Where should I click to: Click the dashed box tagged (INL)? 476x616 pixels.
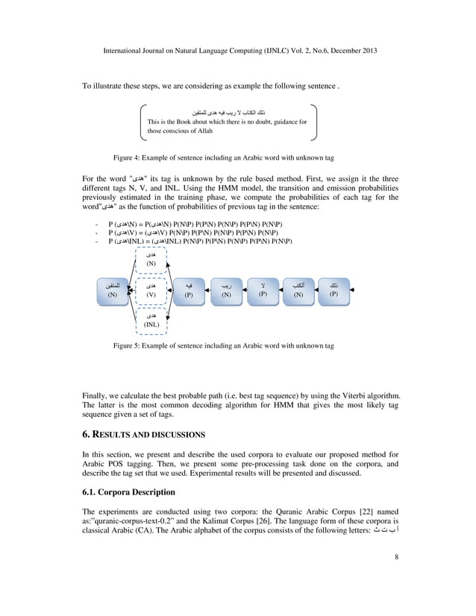click(x=151, y=321)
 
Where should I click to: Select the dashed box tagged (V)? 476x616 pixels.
click(x=151, y=290)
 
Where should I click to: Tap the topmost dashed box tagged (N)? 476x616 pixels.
click(x=151, y=259)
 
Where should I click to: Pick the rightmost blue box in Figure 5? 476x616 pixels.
click(x=333, y=289)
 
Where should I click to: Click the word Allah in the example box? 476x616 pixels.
click(x=202, y=131)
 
